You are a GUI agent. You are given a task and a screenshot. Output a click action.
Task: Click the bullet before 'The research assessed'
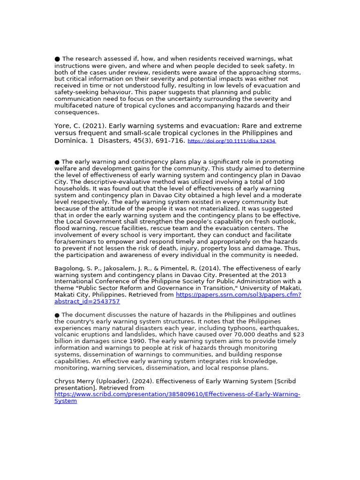(x=57, y=59)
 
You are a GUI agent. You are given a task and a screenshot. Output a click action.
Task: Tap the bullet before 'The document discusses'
(x=57, y=315)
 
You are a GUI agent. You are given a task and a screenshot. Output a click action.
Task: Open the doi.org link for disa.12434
(x=232, y=141)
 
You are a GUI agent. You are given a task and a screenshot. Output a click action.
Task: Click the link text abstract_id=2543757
(x=87, y=301)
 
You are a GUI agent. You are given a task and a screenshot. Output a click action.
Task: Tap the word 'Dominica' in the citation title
(x=69, y=141)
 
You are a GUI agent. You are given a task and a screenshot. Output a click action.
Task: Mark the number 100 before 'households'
(x=279, y=182)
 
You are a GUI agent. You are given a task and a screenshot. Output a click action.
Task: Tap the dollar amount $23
(x=298, y=335)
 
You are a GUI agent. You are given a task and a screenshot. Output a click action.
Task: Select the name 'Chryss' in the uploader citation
(x=65, y=382)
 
